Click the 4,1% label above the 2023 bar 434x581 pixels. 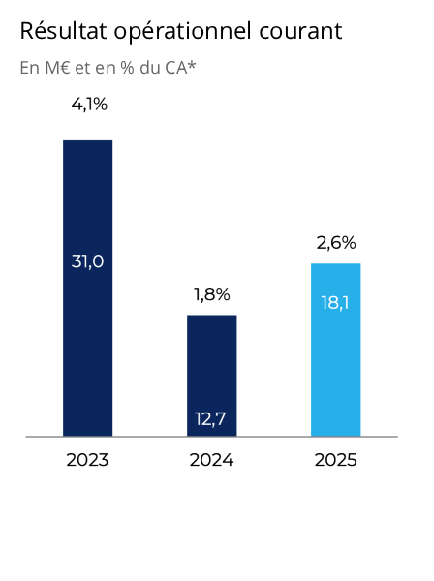pyautogui.click(x=89, y=105)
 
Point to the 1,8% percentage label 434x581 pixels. pyautogui.click(x=211, y=294)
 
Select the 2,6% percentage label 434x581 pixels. pyautogui.click(x=336, y=243)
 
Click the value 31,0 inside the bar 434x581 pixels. pyautogui.click(x=87, y=260)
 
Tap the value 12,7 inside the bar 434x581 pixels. pyautogui.click(x=211, y=419)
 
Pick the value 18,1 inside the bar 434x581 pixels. pyautogui.click(x=335, y=302)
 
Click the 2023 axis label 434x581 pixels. pyautogui.click(x=87, y=460)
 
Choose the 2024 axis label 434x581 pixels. pyautogui.click(x=211, y=460)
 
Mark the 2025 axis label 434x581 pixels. pyautogui.click(x=335, y=460)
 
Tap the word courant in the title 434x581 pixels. pyautogui.click(x=300, y=32)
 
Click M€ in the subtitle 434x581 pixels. pyautogui.click(x=53, y=68)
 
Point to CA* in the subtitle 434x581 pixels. pyautogui.click(x=181, y=68)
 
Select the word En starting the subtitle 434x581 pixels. pyautogui.click(x=29, y=68)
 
